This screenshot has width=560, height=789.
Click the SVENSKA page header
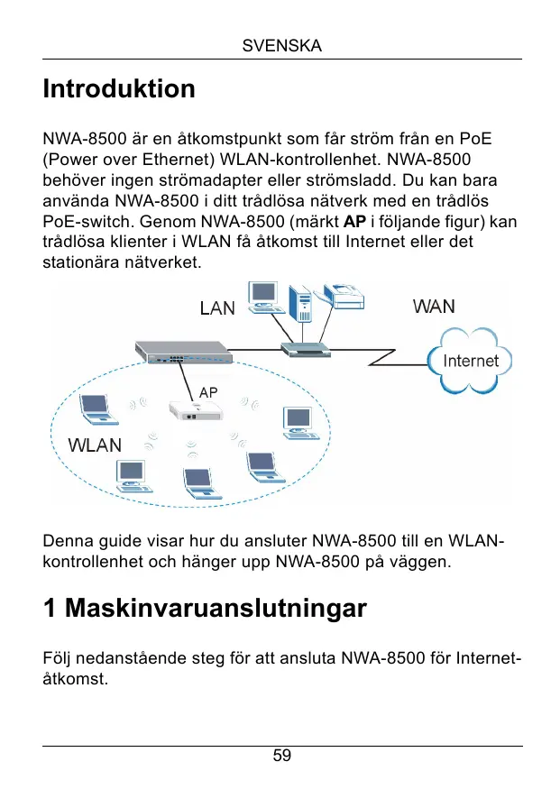pos(282,46)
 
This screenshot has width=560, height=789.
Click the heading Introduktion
pos(119,89)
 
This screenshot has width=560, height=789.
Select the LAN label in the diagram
pos(216,308)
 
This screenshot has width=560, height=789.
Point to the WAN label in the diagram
pos(434,307)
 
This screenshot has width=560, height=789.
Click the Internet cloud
pos(470,361)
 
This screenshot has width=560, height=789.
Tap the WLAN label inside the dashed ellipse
pos(95,445)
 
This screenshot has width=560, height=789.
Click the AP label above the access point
pos(208,392)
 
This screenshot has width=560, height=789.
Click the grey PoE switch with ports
pos(184,352)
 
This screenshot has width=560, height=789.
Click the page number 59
pos(282,756)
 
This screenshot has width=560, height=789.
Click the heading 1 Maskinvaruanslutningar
pos(205,609)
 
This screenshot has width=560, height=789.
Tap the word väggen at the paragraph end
pos(423,563)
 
